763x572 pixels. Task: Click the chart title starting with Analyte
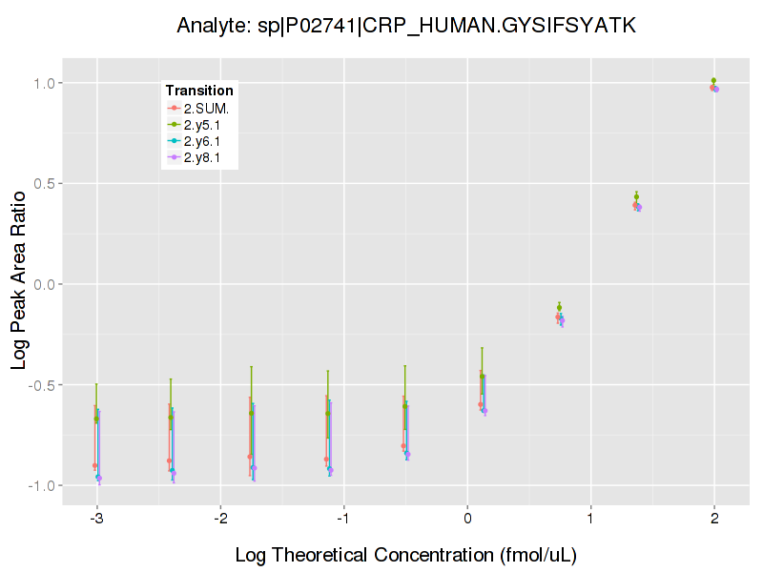(406, 26)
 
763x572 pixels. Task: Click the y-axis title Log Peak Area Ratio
(19, 283)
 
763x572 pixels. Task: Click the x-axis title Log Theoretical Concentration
(406, 554)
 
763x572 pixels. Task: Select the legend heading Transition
(199, 91)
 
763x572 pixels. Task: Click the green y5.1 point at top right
(713, 81)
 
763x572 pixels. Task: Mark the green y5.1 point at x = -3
(96, 419)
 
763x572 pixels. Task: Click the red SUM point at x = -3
(94, 465)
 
